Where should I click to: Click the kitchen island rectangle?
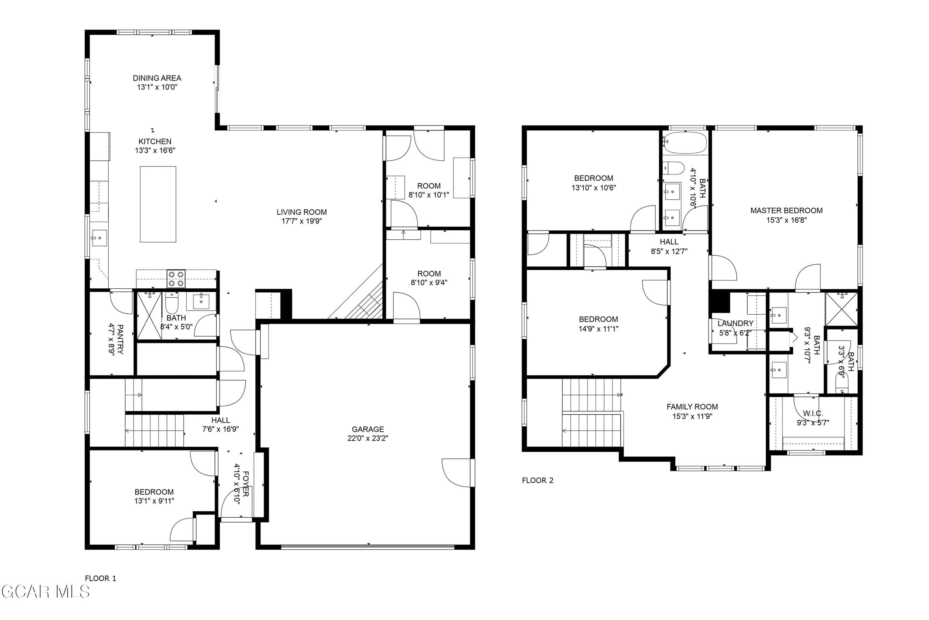pyautogui.click(x=158, y=204)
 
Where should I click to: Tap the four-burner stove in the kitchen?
pyautogui.click(x=176, y=278)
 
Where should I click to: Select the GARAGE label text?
pyautogui.click(x=368, y=429)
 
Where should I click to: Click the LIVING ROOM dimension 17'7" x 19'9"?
pyautogui.click(x=301, y=221)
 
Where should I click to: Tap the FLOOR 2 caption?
pyautogui.click(x=538, y=480)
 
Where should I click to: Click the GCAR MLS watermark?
pyautogui.click(x=46, y=592)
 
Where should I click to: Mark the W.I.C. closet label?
pyautogui.click(x=813, y=414)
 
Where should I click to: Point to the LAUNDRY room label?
pyautogui.click(x=735, y=323)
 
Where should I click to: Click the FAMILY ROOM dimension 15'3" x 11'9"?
pyautogui.click(x=692, y=416)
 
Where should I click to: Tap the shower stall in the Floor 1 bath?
pyautogui.click(x=149, y=316)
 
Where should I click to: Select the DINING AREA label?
pyautogui.click(x=157, y=78)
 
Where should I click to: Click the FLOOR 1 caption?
pyautogui.click(x=100, y=578)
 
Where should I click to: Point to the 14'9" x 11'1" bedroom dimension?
pyautogui.click(x=598, y=329)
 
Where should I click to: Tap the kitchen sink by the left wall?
pyautogui.click(x=99, y=238)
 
